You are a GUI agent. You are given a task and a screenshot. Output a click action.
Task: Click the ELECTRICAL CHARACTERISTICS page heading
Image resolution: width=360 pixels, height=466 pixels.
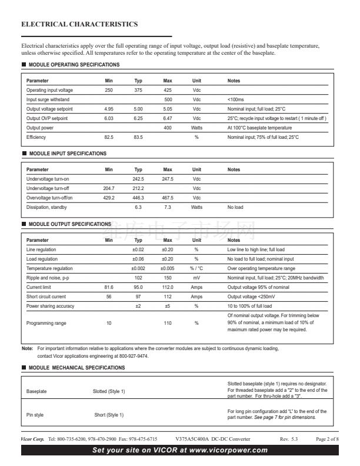(x=79, y=25)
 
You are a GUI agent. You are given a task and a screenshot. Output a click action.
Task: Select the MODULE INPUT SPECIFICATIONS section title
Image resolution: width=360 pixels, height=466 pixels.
(x=68, y=154)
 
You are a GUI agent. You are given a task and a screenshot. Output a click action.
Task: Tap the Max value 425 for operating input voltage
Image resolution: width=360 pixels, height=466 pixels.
(x=168, y=90)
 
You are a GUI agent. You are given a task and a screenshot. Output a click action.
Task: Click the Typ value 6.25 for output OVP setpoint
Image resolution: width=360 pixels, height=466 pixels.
(x=138, y=118)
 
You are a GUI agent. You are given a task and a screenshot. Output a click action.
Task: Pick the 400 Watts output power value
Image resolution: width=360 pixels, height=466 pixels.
(x=168, y=128)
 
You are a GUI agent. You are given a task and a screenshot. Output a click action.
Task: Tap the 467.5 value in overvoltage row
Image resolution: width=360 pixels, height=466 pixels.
(x=168, y=198)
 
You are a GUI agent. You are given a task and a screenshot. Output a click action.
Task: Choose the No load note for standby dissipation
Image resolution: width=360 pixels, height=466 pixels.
(x=235, y=207)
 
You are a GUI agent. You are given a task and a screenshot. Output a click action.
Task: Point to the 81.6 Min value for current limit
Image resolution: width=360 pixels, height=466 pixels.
(x=109, y=287)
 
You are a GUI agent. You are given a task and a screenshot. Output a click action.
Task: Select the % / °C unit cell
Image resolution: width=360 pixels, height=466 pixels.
(x=196, y=268)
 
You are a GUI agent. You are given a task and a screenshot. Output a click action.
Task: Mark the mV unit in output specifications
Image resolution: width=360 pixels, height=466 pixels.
(x=196, y=277)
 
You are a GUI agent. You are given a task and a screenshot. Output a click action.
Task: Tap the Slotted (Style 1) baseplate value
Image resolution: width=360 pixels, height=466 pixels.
(x=109, y=391)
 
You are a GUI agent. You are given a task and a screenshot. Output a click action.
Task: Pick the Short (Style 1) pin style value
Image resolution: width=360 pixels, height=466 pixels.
(x=109, y=415)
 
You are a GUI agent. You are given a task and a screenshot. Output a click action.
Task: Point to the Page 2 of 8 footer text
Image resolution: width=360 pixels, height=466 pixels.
(x=328, y=440)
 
